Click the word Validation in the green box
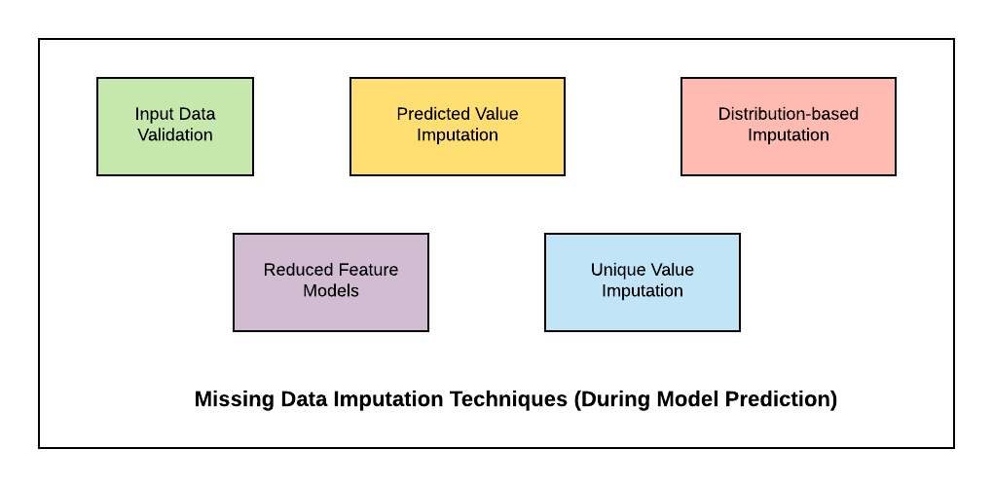(175, 135)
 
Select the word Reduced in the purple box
(296, 270)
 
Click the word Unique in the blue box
(617, 270)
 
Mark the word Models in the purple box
(331, 291)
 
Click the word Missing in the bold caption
(230, 399)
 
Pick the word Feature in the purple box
(367, 270)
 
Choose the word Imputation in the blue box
(643, 291)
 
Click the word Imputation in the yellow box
(458, 135)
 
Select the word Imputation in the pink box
(789, 135)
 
